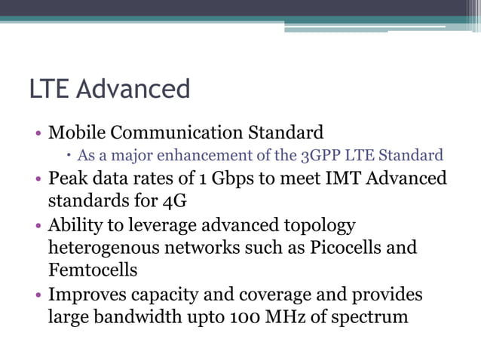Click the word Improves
(87, 294)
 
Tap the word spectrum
(371, 316)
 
